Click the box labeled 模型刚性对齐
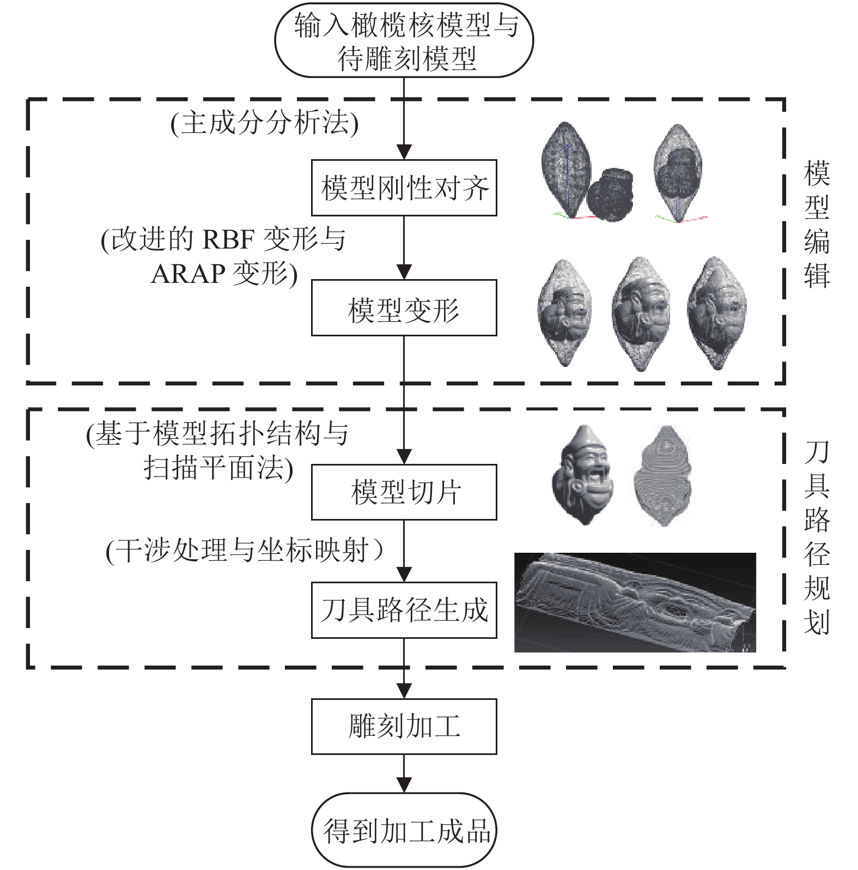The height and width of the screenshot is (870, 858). click(x=404, y=188)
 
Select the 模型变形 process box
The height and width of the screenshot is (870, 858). click(x=404, y=307)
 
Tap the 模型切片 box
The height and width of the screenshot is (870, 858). click(x=404, y=492)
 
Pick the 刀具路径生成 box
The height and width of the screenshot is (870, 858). click(x=404, y=610)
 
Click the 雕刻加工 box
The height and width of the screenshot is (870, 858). click(x=404, y=727)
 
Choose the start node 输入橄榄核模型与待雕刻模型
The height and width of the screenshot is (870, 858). click(x=404, y=41)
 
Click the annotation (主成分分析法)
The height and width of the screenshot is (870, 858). click(x=264, y=123)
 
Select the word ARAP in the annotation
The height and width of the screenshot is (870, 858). click(x=188, y=274)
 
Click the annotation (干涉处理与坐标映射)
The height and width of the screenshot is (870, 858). click(x=245, y=551)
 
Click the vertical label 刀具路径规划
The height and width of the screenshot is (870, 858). click(x=817, y=537)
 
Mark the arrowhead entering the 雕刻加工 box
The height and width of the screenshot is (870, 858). click(x=404, y=691)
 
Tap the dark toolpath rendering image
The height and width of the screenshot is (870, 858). click(x=635, y=602)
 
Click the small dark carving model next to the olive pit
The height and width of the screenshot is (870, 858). click(x=611, y=194)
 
